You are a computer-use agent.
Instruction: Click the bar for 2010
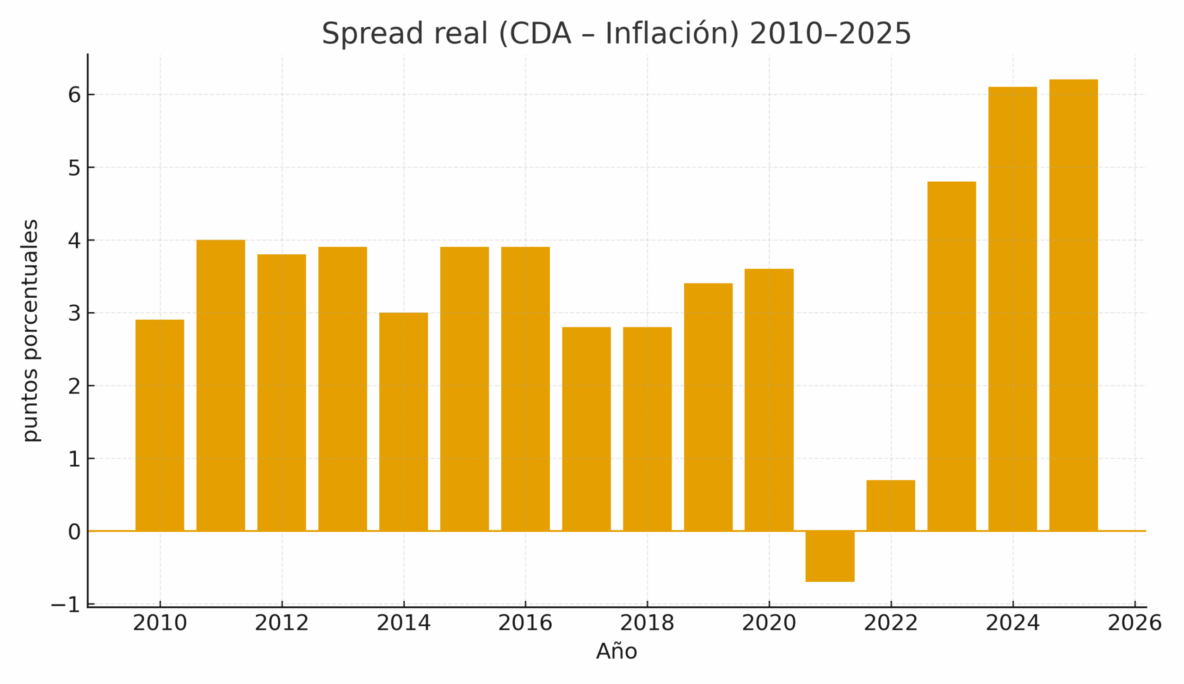160,425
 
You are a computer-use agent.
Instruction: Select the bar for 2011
221,385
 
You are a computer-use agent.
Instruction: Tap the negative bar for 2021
830,556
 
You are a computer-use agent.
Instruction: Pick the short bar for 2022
891,505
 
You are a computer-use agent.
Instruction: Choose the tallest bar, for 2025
1073,305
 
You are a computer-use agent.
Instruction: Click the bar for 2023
952,356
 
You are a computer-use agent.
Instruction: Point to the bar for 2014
403,421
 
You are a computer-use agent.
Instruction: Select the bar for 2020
769,400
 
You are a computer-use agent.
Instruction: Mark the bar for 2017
586,429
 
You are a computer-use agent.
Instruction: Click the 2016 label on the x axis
525,624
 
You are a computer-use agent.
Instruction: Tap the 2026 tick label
1135,624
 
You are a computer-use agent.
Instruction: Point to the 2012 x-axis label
282,624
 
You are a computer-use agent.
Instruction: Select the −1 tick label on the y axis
66,605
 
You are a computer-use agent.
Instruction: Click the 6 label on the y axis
74,95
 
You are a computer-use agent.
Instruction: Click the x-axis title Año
616,652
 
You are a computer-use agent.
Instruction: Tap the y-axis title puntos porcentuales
31,331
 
